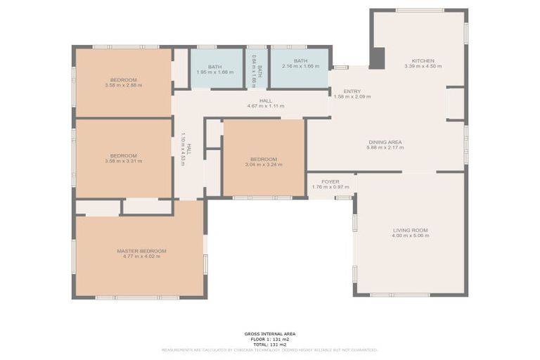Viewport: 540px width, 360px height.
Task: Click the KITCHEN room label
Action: point(423,60)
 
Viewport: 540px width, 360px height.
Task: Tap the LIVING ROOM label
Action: point(410,230)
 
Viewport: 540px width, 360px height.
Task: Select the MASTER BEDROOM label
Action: point(141,251)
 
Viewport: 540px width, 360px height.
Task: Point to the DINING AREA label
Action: point(385,142)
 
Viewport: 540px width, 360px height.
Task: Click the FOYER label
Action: point(330,181)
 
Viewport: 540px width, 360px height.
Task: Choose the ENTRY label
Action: point(352,91)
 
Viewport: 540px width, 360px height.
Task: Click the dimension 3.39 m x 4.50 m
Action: point(423,67)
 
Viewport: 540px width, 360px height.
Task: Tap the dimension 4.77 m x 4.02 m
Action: point(141,257)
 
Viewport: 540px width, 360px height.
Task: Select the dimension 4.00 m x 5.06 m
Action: point(410,236)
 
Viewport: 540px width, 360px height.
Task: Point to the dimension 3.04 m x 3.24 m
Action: point(264,165)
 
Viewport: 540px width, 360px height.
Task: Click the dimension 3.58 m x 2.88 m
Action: point(123,86)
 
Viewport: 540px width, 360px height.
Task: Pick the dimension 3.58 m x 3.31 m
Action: point(123,161)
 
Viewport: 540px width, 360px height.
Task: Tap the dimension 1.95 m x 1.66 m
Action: point(214,72)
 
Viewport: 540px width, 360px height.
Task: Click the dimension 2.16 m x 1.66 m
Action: point(300,67)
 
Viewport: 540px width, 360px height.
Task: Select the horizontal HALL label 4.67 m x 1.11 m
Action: point(265,106)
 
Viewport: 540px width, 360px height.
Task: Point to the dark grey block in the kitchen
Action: point(377,58)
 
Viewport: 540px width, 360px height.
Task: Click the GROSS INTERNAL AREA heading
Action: point(270,334)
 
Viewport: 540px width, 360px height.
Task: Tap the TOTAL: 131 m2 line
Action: point(270,344)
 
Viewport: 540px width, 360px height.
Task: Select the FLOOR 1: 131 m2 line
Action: point(270,339)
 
